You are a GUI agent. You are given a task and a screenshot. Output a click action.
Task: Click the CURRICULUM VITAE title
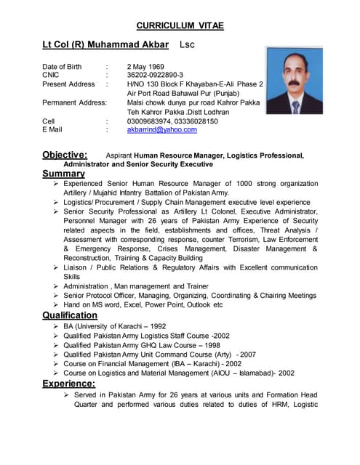pyautogui.click(x=180, y=25)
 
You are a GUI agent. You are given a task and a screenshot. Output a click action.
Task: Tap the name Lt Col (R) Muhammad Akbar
pyautogui.click(x=106, y=45)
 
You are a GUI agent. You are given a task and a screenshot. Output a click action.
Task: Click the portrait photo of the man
pyautogui.click(x=294, y=81)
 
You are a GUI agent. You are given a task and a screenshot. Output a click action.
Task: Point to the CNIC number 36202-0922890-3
pyautogui.click(x=155, y=75)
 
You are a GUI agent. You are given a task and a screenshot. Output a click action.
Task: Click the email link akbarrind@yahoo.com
pyautogui.click(x=161, y=129)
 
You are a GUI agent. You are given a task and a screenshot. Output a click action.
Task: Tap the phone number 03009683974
pyautogui.click(x=149, y=121)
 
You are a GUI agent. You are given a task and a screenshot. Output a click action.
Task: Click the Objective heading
pyautogui.click(x=64, y=155)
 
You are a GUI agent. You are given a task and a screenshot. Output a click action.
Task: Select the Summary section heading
pyautogui.click(x=63, y=174)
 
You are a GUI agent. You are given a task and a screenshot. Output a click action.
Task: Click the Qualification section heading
pyautogui.click(x=69, y=315)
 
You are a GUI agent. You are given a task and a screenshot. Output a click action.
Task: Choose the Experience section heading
pyautogui.click(x=68, y=383)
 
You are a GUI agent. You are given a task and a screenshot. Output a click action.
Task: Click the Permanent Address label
pyautogui.click(x=74, y=102)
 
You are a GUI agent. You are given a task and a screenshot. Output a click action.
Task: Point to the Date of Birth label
pyautogui.click(x=62, y=66)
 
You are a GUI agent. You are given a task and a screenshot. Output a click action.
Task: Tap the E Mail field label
pyautogui.click(x=52, y=129)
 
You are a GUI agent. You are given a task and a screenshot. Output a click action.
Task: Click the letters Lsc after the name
pyautogui.click(x=188, y=45)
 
